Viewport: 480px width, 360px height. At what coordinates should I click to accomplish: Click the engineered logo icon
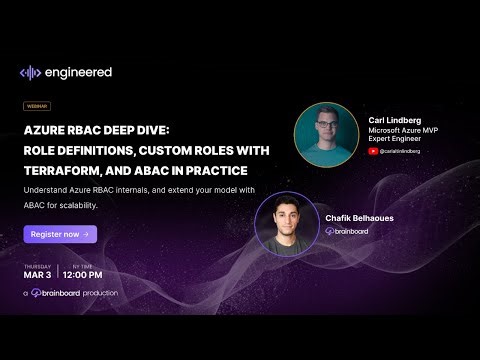pyautogui.click(x=30, y=72)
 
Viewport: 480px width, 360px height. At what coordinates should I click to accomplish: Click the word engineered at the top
pyautogui.click(x=79, y=72)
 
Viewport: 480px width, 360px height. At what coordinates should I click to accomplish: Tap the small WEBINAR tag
pyautogui.click(x=37, y=105)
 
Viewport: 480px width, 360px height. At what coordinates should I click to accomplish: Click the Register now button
pyautogui.click(x=60, y=234)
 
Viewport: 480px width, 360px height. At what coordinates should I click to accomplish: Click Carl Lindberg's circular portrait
pyautogui.click(x=326, y=134)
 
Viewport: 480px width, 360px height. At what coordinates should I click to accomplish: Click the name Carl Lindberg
pyautogui.click(x=395, y=119)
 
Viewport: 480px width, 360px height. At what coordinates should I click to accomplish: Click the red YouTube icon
pyautogui.click(x=373, y=151)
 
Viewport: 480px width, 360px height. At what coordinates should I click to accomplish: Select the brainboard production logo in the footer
pyautogui.click(x=74, y=293)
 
